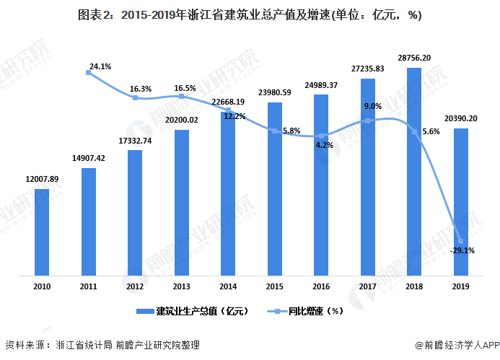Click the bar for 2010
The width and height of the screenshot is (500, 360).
click(x=42, y=232)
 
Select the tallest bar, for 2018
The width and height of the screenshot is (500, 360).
click(x=414, y=172)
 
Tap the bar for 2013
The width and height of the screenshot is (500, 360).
click(x=181, y=203)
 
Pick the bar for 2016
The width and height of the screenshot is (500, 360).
click(x=321, y=185)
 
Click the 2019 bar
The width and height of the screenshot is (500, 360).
click(x=461, y=202)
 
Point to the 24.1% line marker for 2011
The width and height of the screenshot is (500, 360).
click(x=88, y=72)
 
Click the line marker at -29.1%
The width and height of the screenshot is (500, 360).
click(x=461, y=242)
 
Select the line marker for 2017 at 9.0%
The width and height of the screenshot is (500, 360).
click(x=368, y=121)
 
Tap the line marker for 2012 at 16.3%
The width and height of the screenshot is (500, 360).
click(x=135, y=97)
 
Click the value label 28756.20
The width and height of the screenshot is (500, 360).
click(x=414, y=58)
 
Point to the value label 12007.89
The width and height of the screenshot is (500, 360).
click(x=42, y=179)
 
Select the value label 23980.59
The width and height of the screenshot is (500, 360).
click(x=275, y=92)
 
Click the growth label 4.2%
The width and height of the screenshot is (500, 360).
click(x=324, y=146)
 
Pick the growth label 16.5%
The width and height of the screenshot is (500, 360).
click(x=185, y=88)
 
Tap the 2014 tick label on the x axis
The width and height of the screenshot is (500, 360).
click(x=228, y=286)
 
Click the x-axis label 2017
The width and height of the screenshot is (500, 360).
click(x=368, y=286)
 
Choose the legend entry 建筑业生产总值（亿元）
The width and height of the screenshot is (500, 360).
click(x=193, y=311)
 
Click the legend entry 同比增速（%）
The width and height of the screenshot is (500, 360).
click(x=305, y=311)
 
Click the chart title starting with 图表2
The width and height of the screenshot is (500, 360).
click(x=250, y=15)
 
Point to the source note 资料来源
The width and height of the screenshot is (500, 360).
click(x=102, y=345)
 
